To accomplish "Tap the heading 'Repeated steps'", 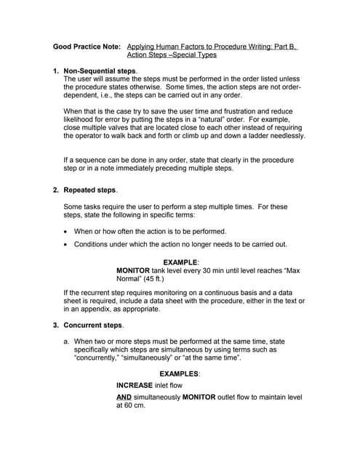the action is pos(89,190).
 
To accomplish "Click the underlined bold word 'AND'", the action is pos(124,398).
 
